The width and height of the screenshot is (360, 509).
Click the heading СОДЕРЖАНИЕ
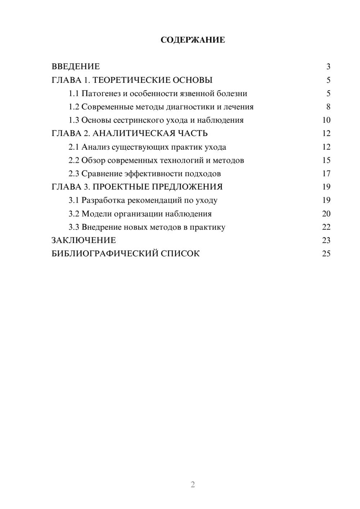click(x=193, y=40)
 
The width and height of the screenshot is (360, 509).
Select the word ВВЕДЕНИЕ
click(x=76, y=67)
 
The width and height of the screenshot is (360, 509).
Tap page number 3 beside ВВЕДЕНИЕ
click(x=328, y=67)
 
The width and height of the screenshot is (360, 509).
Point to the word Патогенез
click(x=101, y=94)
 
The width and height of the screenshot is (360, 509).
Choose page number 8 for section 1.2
click(x=328, y=107)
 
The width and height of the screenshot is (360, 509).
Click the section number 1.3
click(x=74, y=120)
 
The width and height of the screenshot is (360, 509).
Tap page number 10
click(x=326, y=120)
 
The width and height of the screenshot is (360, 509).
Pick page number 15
click(x=326, y=160)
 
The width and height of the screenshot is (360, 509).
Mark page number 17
click(x=326, y=174)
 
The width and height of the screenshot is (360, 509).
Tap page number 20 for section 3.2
click(x=326, y=213)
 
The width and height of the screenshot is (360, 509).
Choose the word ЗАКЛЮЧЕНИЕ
click(x=84, y=240)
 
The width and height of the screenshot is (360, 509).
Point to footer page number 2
click(x=193, y=485)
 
